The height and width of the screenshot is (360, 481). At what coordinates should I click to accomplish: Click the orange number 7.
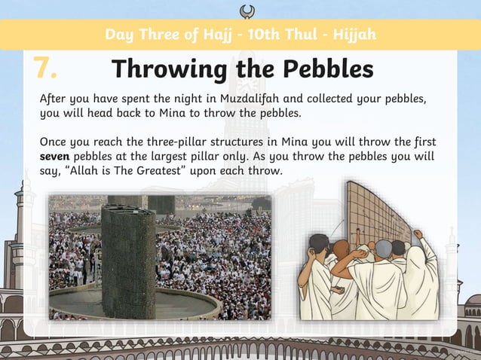(x=45, y=69)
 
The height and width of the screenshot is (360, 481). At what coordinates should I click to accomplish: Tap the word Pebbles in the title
(x=329, y=69)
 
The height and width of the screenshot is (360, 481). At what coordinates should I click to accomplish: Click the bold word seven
(x=54, y=157)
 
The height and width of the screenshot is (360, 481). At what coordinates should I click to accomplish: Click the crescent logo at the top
(x=246, y=10)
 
